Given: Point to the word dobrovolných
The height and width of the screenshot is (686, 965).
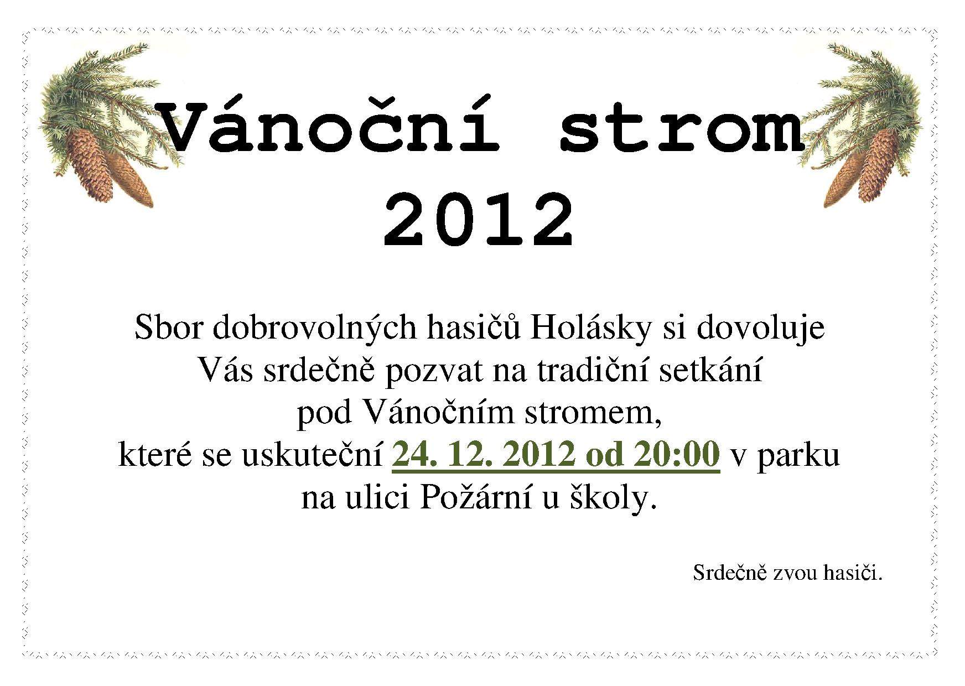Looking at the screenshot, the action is tap(315, 328).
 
